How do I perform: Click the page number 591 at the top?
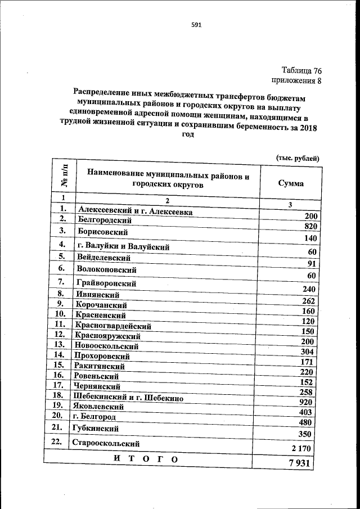pos(196,25)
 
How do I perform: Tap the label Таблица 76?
pos(301,71)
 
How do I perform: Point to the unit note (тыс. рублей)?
pos(298,158)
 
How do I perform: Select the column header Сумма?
pos(291,183)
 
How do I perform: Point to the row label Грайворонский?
pos(105,283)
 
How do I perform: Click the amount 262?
pos(310,300)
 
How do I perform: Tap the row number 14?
pos(58,355)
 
